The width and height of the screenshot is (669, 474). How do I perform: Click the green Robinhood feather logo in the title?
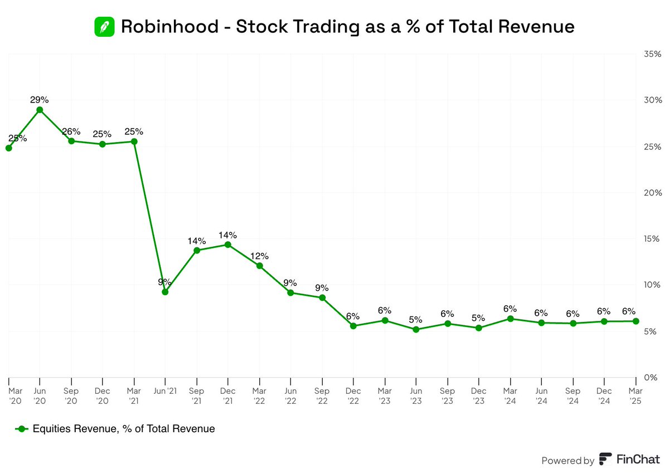(104, 26)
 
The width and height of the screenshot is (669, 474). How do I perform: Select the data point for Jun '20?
(40, 110)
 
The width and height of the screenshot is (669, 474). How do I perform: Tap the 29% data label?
(40, 100)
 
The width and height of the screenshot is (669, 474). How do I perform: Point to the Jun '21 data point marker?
(165, 292)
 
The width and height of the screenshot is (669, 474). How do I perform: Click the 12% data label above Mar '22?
(259, 256)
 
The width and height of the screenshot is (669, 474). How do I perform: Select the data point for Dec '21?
(228, 245)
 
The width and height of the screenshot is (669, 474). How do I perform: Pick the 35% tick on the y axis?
(652, 54)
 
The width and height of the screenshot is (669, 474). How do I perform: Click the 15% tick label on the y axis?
(652, 239)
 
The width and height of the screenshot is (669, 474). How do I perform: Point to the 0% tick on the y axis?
(652, 378)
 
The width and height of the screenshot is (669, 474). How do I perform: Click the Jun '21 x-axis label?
(165, 390)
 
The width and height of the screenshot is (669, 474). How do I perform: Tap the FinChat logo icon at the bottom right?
(605, 460)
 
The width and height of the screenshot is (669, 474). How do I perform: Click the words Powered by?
(568, 460)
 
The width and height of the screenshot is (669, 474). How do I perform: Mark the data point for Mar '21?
(134, 141)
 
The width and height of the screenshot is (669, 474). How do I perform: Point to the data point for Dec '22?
(353, 326)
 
